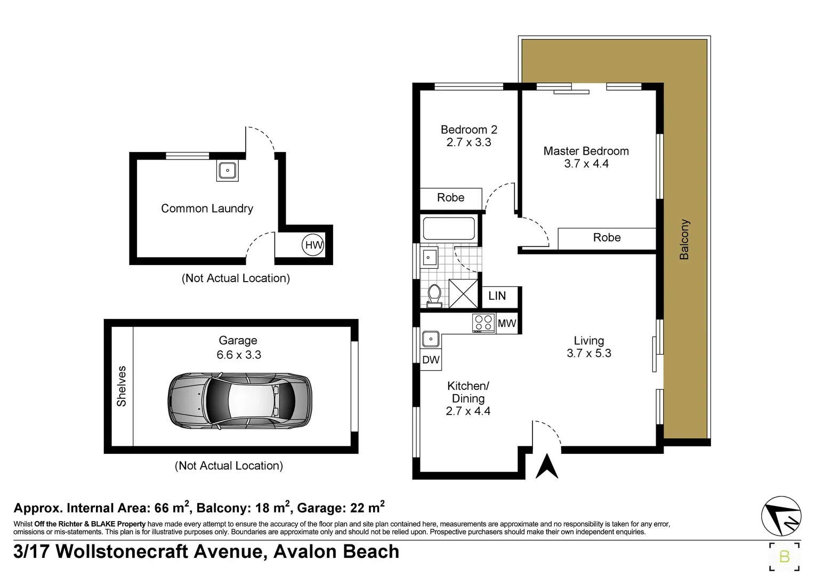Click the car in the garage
click(x=240, y=400)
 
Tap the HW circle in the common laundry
click(x=313, y=245)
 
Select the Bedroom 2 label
click(x=469, y=130)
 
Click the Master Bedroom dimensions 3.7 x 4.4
click(x=586, y=164)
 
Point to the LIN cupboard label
click(x=497, y=296)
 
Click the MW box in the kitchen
click(x=506, y=323)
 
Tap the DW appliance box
click(x=431, y=360)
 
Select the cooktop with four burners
click(x=483, y=323)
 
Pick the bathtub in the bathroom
click(x=449, y=228)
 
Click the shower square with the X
click(x=463, y=293)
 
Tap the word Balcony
click(x=684, y=239)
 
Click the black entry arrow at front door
click(x=546, y=466)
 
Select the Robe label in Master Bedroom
click(x=607, y=238)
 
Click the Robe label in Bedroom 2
click(x=450, y=198)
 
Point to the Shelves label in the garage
click(x=122, y=386)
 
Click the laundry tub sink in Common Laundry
click(x=228, y=171)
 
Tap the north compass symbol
click(x=781, y=516)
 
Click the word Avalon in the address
click(x=305, y=551)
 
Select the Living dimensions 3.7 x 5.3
click(x=588, y=353)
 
